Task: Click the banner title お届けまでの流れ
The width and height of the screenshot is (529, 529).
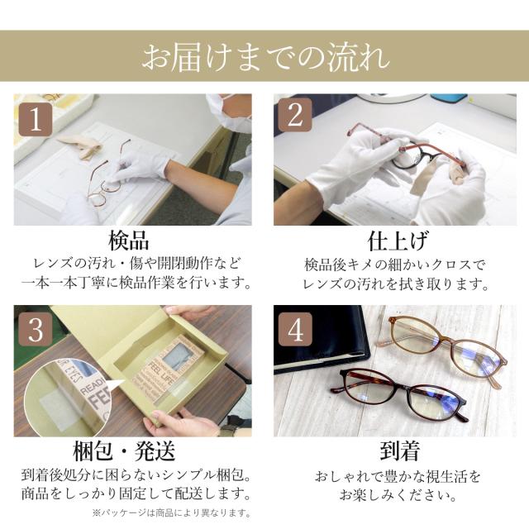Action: click(265, 57)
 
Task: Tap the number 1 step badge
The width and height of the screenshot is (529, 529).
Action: click(36, 120)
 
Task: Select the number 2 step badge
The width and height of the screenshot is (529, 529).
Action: click(295, 115)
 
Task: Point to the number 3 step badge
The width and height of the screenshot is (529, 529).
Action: click(36, 331)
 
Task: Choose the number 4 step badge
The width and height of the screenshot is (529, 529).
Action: click(295, 329)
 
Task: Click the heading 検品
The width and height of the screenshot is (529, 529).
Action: click(128, 240)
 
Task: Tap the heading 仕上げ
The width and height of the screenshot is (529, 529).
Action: click(398, 241)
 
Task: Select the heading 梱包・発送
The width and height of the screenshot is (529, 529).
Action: click(124, 451)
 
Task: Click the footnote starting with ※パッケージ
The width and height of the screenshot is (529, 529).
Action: click(172, 513)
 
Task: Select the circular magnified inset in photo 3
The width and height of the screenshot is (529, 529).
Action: click(69, 395)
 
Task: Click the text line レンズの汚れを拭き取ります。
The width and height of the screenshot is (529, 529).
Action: click(395, 284)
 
